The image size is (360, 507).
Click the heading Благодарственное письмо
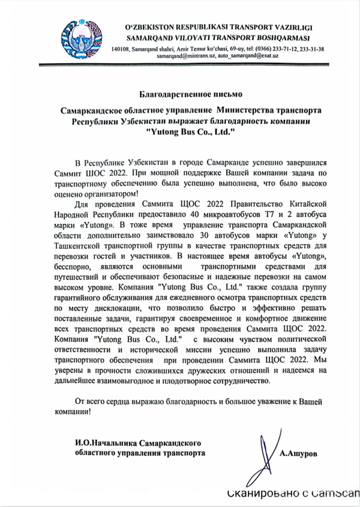click(180, 95)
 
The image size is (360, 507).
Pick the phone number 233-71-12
click(274, 49)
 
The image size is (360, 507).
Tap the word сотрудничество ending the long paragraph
click(239, 380)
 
